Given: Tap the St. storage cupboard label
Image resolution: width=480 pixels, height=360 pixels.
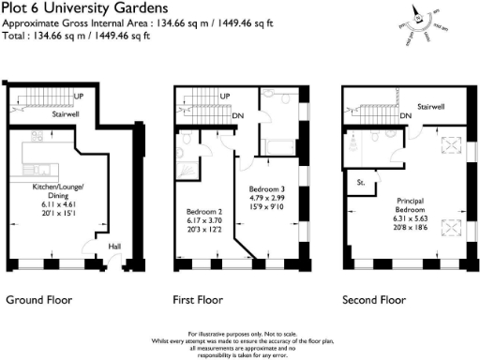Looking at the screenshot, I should coord(359,183).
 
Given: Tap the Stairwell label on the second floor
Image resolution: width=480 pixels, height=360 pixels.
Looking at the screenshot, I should coord(430,108).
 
